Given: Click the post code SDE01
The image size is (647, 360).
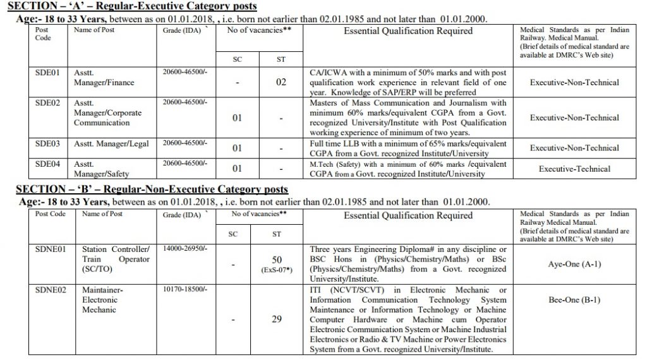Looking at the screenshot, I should [x=47, y=73].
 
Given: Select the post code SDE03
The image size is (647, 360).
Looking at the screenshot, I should [x=47, y=143].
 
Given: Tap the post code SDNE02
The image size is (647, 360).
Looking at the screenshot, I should [x=49, y=289].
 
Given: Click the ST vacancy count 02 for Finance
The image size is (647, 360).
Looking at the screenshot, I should [x=281, y=83].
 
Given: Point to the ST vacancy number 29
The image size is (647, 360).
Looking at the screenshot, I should [x=276, y=320].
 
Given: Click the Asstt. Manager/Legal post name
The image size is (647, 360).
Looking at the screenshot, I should [x=111, y=143].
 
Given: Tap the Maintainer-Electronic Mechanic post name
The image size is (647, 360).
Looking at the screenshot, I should [x=99, y=300].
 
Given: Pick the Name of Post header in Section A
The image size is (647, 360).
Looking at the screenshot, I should [x=94, y=30].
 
